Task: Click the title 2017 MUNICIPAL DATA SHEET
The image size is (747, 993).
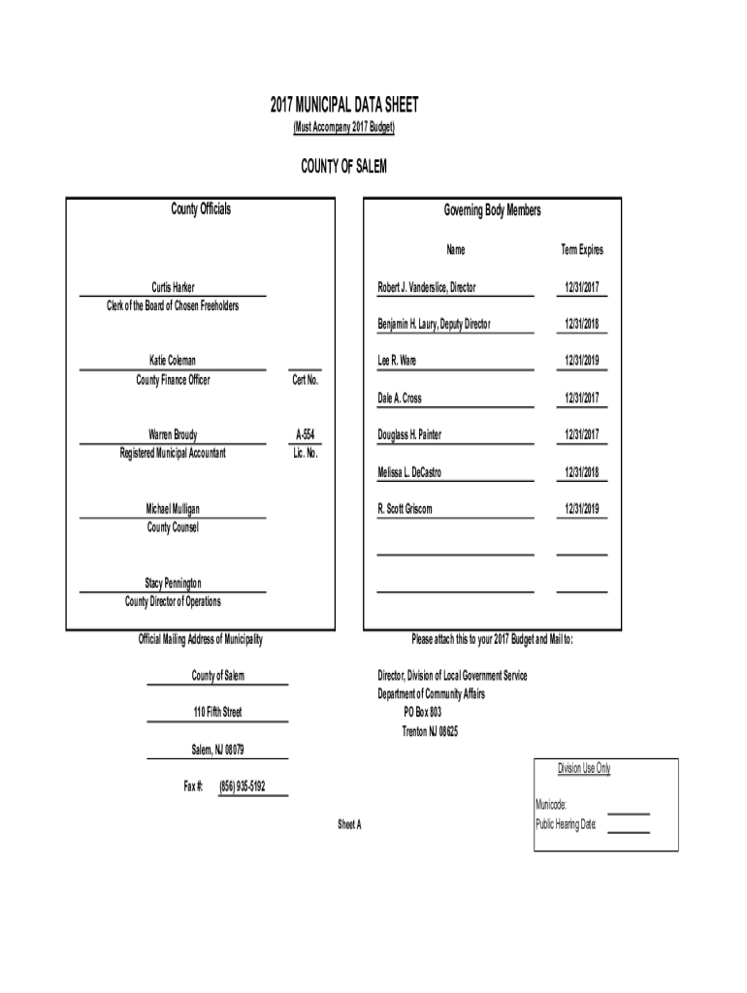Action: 344,106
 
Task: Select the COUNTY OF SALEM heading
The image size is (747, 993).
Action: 344,167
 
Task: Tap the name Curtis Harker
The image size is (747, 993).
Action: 173,287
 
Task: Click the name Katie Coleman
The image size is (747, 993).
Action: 173,361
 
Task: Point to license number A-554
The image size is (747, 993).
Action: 306,434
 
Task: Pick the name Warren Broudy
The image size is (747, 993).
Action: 173,434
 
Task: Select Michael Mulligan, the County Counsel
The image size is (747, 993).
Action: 173,508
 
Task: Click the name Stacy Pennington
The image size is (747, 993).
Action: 173,583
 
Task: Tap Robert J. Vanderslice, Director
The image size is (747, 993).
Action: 427,287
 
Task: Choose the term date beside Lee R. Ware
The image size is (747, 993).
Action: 582,361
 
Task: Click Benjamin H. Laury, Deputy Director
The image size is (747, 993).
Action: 434,324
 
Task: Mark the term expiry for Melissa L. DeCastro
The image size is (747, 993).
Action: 582,472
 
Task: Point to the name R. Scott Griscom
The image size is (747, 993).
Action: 405,508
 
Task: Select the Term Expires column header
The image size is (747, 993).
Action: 582,250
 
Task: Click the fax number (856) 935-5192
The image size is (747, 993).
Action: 243,786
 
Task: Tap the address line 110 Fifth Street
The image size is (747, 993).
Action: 217,713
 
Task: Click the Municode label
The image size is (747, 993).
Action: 551,806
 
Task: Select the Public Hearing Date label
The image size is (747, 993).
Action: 567,824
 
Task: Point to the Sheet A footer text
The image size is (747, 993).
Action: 349,824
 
